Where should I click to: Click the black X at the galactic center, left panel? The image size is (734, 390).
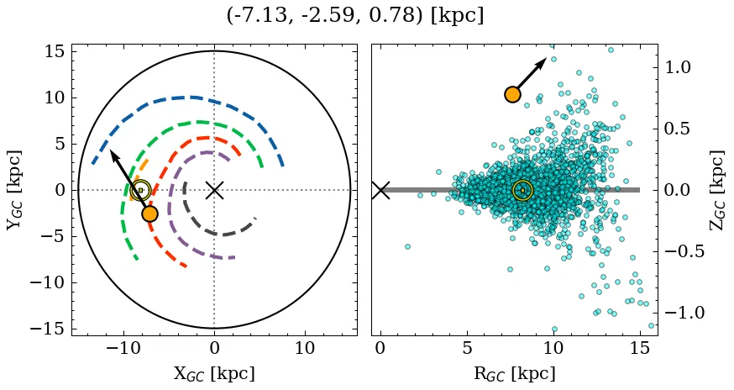click(x=214, y=190)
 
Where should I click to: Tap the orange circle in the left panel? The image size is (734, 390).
click(x=149, y=213)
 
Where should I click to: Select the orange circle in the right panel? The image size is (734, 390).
click(x=512, y=94)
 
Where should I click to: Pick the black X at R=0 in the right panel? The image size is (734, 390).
click(x=380, y=190)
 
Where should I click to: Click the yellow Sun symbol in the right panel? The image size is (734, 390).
click(x=522, y=190)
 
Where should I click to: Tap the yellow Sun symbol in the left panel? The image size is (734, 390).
click(x=140, y=190)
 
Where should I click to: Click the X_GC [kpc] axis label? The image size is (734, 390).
click(x=214, y=373)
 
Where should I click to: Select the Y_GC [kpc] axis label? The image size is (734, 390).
click(x=14, y=190)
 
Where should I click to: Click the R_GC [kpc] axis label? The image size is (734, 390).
click(x=514, y=373)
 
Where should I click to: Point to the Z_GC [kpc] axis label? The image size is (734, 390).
click(x=716, y=190)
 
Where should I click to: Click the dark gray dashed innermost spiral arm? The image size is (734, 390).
click(x=217, y=234)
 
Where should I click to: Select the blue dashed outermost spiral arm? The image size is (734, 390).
click(x=185, y=97)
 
